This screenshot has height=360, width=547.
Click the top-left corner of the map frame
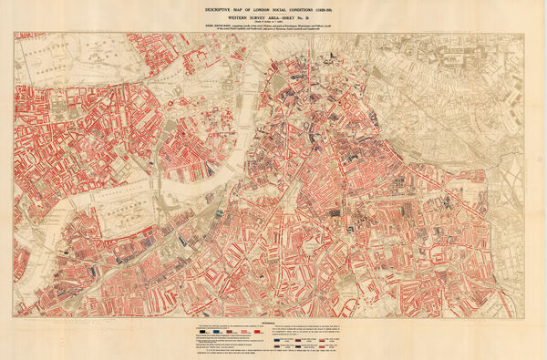(x=15, y=33)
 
